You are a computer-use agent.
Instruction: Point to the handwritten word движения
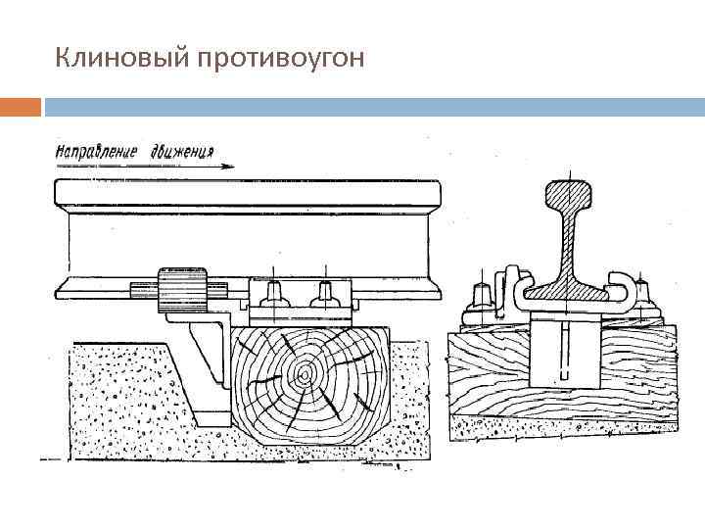coord(182,152)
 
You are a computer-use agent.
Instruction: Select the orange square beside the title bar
coord(21,105)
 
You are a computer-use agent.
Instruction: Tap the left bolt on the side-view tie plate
coord(275,293)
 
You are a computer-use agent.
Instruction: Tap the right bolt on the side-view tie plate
coord(323,293)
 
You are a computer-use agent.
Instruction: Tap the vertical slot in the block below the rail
coord(565,353)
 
